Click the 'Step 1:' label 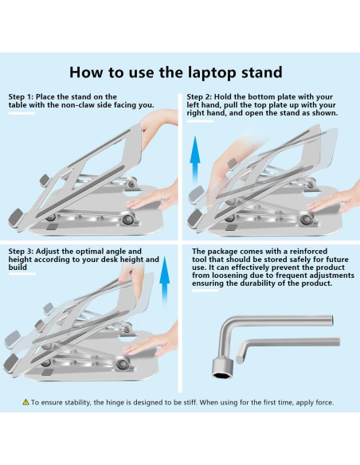click(x=22, y=97)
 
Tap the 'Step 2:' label click(x=207, y=97)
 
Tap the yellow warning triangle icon click(x=25, y=403)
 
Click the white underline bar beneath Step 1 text click(x=22, y=113)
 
